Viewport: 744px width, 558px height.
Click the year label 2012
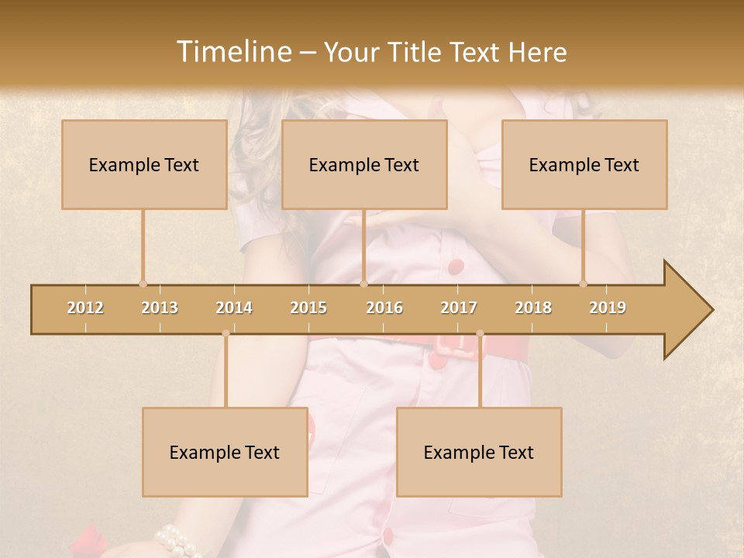[85, 308]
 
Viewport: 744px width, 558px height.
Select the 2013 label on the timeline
[160, 308]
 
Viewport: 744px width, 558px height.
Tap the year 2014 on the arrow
[234, 308]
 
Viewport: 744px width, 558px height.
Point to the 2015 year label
[308, 308]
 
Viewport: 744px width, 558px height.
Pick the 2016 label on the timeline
[384, 308]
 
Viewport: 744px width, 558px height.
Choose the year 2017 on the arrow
[459, 308]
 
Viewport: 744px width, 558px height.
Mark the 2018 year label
[533, 308]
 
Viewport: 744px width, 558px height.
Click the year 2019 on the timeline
[608, 308]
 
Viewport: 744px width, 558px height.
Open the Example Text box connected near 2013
[144, 164]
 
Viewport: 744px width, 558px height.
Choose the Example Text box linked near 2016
[364, 164]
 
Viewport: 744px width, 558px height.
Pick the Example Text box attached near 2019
[584, 164]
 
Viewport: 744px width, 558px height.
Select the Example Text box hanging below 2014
[225, 452]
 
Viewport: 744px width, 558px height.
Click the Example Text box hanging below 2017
[479, 452]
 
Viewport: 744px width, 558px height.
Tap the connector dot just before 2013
[143, 284]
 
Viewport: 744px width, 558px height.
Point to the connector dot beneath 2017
[480, 334]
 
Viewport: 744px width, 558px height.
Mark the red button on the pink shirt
[456, 267]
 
